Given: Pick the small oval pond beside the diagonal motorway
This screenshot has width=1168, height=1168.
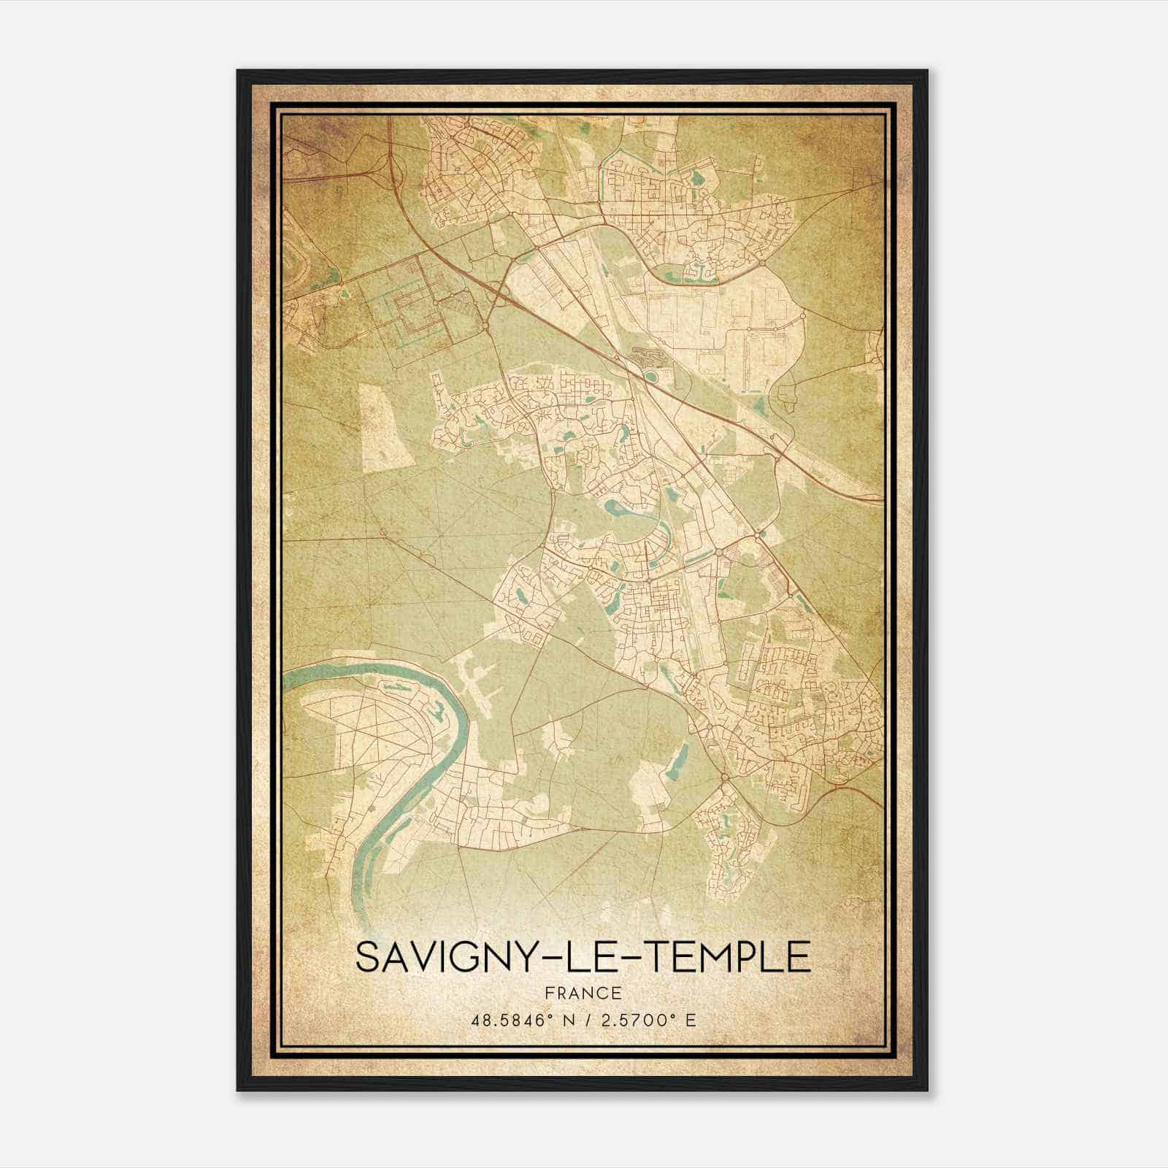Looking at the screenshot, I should pyautogui.click(x=649, y=376).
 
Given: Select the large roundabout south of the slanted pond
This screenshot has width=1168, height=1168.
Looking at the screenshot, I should pyautogui.click(x=724, y=779).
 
